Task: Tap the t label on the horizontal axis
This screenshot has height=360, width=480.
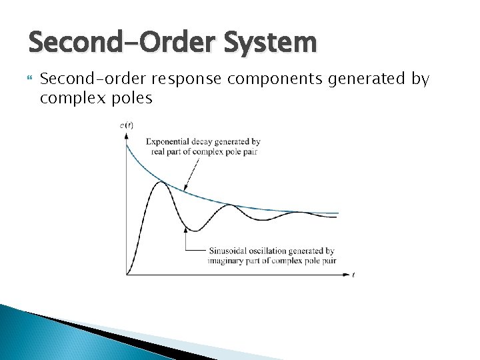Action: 353,275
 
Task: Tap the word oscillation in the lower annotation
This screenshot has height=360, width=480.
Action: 273,251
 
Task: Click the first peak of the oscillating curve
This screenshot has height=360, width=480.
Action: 160,181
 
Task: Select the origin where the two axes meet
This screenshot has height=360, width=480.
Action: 126,274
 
